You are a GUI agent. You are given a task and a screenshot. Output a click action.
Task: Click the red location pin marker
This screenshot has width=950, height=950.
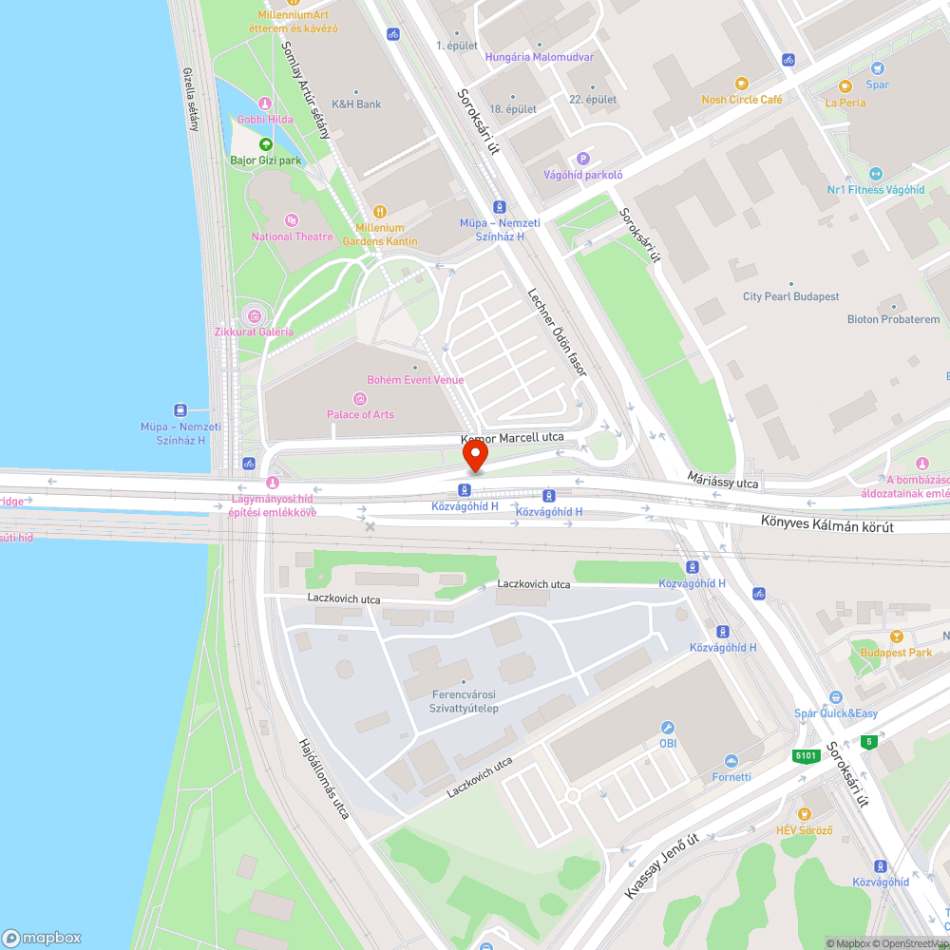pos(474,458)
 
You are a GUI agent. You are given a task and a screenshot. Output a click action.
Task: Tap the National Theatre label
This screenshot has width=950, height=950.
pos(292,237)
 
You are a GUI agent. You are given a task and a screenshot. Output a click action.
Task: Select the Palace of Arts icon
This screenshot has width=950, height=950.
pos(360,398)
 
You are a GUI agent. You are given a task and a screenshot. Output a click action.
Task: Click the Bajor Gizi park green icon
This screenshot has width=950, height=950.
pos(265,144)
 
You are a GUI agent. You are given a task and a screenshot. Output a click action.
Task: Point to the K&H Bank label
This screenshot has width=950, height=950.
pos(355,104)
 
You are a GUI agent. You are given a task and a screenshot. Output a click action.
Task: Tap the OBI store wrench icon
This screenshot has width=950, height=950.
pos(668,727)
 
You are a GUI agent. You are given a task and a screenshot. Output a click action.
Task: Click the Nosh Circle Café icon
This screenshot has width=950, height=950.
pos(741,83)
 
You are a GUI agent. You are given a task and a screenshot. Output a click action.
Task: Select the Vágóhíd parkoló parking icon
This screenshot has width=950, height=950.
pos(583,159)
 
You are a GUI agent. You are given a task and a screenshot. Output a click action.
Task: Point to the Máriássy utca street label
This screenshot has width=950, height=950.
pos(724,483)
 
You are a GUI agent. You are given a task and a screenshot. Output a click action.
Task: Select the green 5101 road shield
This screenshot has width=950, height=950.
pos(806,756)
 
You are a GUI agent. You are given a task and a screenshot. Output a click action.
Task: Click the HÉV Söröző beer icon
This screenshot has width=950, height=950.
pos(804,813)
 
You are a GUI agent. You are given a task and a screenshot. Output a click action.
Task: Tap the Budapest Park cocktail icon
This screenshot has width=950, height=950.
pos(895,636)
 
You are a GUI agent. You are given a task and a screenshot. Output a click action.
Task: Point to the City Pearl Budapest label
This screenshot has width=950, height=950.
pos(790,296)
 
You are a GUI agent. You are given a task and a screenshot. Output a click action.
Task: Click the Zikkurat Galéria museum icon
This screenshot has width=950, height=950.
pos(254,315)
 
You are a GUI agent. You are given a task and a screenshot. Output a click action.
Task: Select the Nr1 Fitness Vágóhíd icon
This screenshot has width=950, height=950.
pos(875,174)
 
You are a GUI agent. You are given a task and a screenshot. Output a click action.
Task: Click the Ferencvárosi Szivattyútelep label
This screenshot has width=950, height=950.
pos(464,702)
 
